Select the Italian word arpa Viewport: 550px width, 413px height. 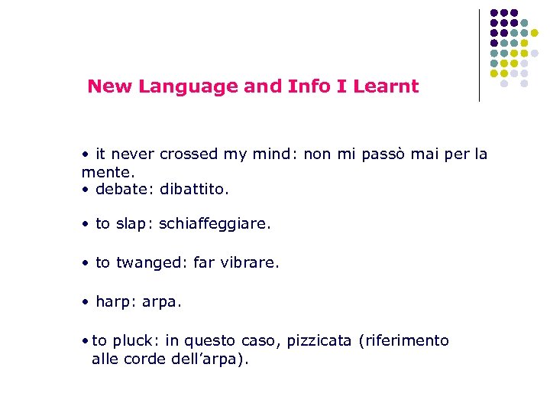pos(161,302)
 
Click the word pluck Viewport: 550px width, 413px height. pos(135,340)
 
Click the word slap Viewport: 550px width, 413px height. pos(131,225)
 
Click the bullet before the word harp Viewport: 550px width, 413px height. pos(86,302)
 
